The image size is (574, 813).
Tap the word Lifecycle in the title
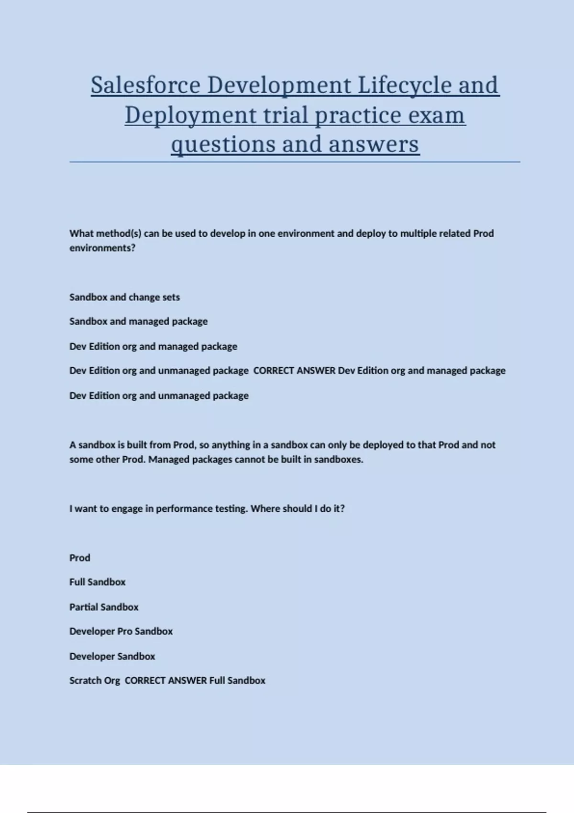(405, 86)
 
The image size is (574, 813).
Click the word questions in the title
(223, 144)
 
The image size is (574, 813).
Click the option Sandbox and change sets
(124, 297)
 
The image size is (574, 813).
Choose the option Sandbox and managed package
(138, 321)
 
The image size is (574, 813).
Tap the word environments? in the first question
(102, 248)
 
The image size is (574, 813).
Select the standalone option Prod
(79, 558)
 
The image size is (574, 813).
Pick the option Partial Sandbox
(104, 607)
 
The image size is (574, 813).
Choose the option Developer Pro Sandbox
(121, 631)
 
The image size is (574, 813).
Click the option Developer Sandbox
(112, 656)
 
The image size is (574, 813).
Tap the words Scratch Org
(95, 681)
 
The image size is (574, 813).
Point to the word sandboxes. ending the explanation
(339, 460)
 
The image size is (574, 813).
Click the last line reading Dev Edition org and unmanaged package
(159, 396)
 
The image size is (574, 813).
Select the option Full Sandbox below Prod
(97, 582)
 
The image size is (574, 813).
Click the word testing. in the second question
(232, 508)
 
